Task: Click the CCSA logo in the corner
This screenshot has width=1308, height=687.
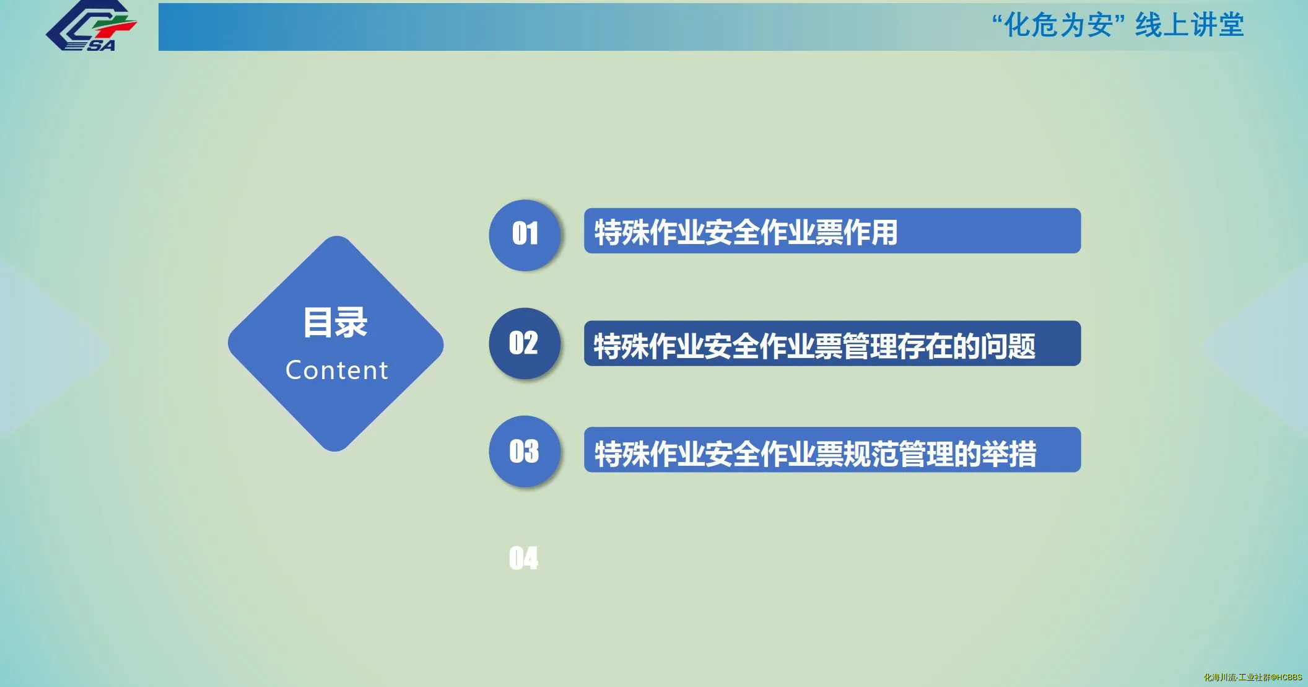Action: click(x=92, y=26)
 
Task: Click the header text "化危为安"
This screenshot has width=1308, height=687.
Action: click(x=1058, y=25)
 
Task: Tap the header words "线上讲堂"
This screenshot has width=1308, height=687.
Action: click(x=1190, y=25)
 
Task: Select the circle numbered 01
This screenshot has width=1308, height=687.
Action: click(x=525, y=235)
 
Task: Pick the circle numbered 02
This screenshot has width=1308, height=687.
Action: click(x=525, y=343)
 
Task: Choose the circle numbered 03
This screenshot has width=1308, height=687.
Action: click(x=525, y=451)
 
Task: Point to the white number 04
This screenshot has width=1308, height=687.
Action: click(x=523, y=558)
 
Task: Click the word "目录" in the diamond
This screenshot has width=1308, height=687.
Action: click(x=336, y=323)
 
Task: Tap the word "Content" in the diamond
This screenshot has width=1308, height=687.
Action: click(x=337, y=370)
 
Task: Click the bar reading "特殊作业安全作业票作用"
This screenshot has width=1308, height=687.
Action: click(x=832, y=230)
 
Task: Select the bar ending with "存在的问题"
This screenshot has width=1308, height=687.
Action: click(x=832, y=343)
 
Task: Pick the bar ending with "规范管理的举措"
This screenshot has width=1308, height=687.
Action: click(x=832, y=450)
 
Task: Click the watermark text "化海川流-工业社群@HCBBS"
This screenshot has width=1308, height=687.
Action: click(x=1253, y=677)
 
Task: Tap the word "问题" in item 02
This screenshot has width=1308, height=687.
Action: click(x=1008, y=346)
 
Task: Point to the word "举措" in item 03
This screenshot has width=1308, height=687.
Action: click(x=1009, y=453)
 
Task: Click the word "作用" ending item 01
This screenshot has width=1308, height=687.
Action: click(x=871, y=233)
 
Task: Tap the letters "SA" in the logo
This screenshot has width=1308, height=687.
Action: click(x=101, y=45)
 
